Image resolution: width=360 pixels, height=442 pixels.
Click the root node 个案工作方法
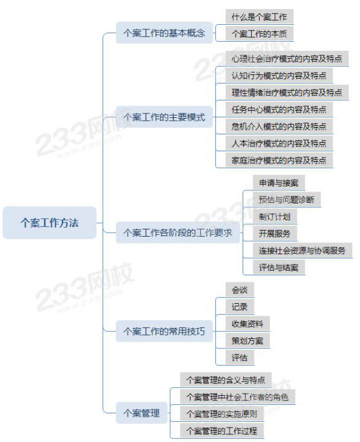click(50, 223)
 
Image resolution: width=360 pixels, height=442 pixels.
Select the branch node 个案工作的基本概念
click(164, 33)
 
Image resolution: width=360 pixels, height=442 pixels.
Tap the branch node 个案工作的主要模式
click(164, 117)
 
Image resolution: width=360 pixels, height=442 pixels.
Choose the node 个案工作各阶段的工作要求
click(177, 233)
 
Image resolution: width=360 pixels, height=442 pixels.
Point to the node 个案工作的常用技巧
click(164, 331)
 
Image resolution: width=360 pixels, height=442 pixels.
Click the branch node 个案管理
click(142, 413)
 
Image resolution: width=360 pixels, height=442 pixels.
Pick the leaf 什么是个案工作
click(260, 17)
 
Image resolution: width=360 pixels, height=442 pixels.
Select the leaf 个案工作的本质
click(260, 34)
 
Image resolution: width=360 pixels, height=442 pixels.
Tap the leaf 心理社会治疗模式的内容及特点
click(287, 59)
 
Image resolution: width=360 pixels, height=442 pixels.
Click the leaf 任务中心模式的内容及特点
click(279, 110)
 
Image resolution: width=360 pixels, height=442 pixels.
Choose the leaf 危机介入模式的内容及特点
click(279, 126)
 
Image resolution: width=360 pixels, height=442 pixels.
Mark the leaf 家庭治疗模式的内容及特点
click(279, 160)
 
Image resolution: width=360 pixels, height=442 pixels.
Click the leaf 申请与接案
click(279, 183)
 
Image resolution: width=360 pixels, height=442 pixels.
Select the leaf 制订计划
click(275, 216)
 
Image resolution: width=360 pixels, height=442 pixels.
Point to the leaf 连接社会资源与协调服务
click(303, 250)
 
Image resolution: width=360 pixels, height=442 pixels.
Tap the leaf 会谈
click(239, 290)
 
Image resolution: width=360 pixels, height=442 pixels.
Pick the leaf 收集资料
click(248, 323)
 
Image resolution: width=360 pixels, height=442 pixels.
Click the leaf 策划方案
click(248, 340)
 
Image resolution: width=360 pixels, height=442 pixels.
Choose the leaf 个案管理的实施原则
click(222, 414)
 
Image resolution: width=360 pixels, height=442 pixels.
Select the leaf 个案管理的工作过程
click(222, 431)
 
